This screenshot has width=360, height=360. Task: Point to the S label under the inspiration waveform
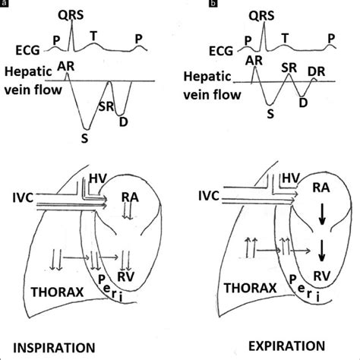coord(84,138)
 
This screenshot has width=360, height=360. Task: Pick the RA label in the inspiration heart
coord(129,197)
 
